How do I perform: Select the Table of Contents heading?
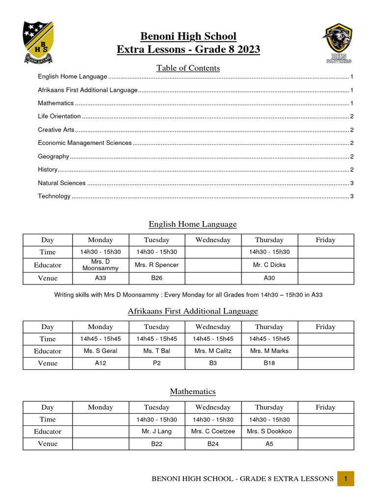coord(188,68)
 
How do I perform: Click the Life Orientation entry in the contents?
coord(59,116)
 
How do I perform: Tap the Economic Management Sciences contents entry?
coord(85,143)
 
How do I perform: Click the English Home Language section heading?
coord(192,224)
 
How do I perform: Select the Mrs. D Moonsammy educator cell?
coord(101,265)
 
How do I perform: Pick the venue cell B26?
coord(157,278)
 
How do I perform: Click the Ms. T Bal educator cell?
coord(157,351)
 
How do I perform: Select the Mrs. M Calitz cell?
coord(213,351)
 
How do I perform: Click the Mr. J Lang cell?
coord(157,431)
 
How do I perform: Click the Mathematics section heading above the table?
coord(192,391)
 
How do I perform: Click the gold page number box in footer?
coord(346,478)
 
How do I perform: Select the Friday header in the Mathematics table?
coord(325,407)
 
